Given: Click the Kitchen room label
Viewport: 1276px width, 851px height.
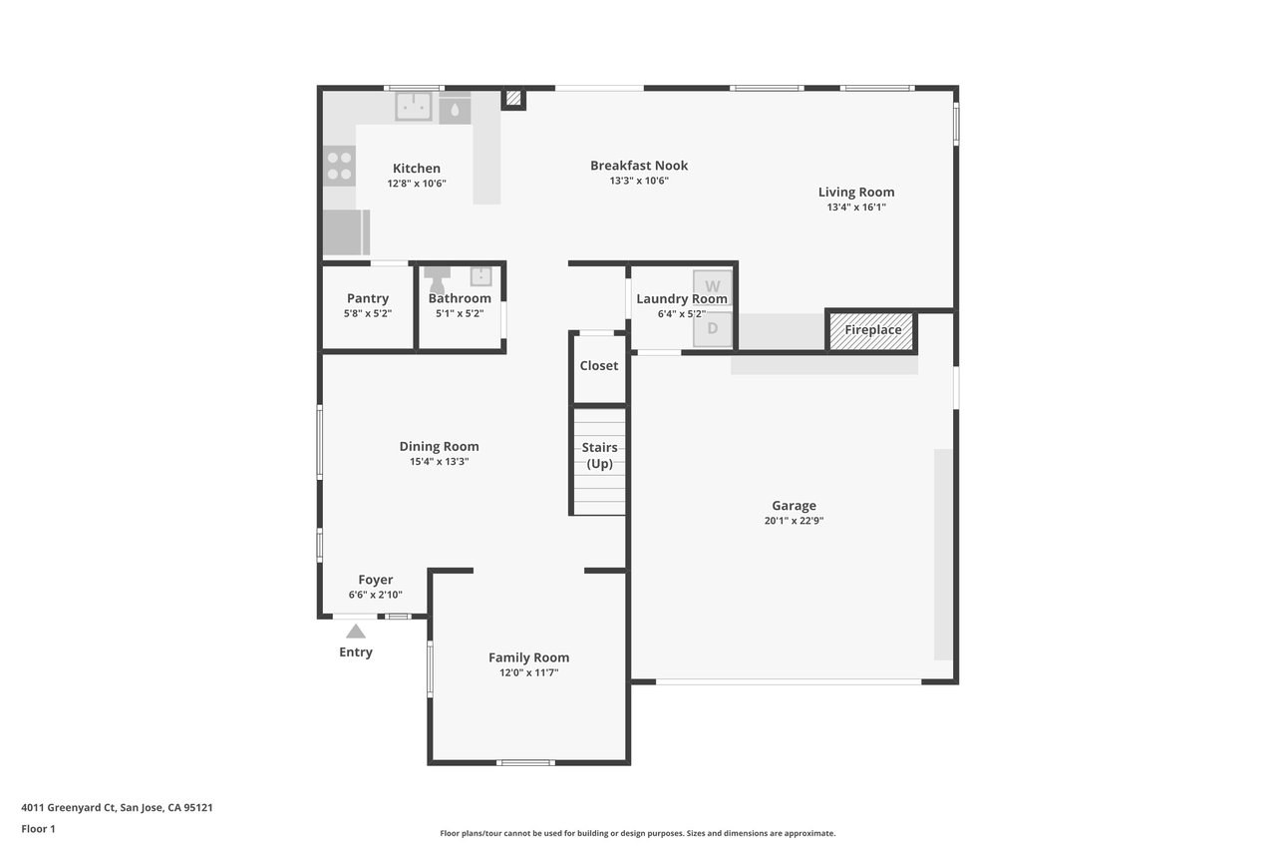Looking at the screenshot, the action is tap(417, 169).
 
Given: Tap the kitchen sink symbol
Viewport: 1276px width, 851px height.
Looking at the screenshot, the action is tap(414, 107).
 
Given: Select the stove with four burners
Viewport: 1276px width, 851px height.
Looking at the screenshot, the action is tap(340, 166).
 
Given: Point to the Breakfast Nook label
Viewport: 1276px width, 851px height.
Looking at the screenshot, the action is tap(639, 166).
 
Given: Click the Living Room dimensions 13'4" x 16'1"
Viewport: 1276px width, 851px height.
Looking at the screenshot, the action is tap(856, 207).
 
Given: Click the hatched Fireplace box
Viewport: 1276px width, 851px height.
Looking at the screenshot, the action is tap(871, 330).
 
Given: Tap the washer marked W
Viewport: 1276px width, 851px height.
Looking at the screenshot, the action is tap(712, 285).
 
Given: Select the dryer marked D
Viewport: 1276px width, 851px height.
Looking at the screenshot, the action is tap(712, 329).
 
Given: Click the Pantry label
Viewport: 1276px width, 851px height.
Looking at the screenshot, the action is tap(368, 298).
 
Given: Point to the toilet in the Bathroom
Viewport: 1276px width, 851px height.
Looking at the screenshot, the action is tap(437, 278).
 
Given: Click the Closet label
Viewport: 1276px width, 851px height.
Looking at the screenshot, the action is tap(599, 365).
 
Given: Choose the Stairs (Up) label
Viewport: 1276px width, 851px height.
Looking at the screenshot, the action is tap(599, 455).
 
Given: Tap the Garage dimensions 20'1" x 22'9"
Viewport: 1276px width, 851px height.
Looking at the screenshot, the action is tap(794, 521).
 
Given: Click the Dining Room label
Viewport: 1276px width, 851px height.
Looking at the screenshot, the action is tap(439, 446).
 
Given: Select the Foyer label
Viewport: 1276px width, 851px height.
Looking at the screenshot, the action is tap(376, 580).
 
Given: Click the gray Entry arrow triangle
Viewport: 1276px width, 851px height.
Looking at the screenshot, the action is tap(356, 632).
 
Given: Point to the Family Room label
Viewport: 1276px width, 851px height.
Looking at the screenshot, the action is tap(528, 657).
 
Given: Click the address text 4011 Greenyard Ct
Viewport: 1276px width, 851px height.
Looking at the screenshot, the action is tap(69, 808).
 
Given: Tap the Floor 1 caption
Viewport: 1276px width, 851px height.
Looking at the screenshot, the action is tap(38, 829).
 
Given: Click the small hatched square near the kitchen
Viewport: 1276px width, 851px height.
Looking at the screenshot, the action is tap(513, 98).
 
